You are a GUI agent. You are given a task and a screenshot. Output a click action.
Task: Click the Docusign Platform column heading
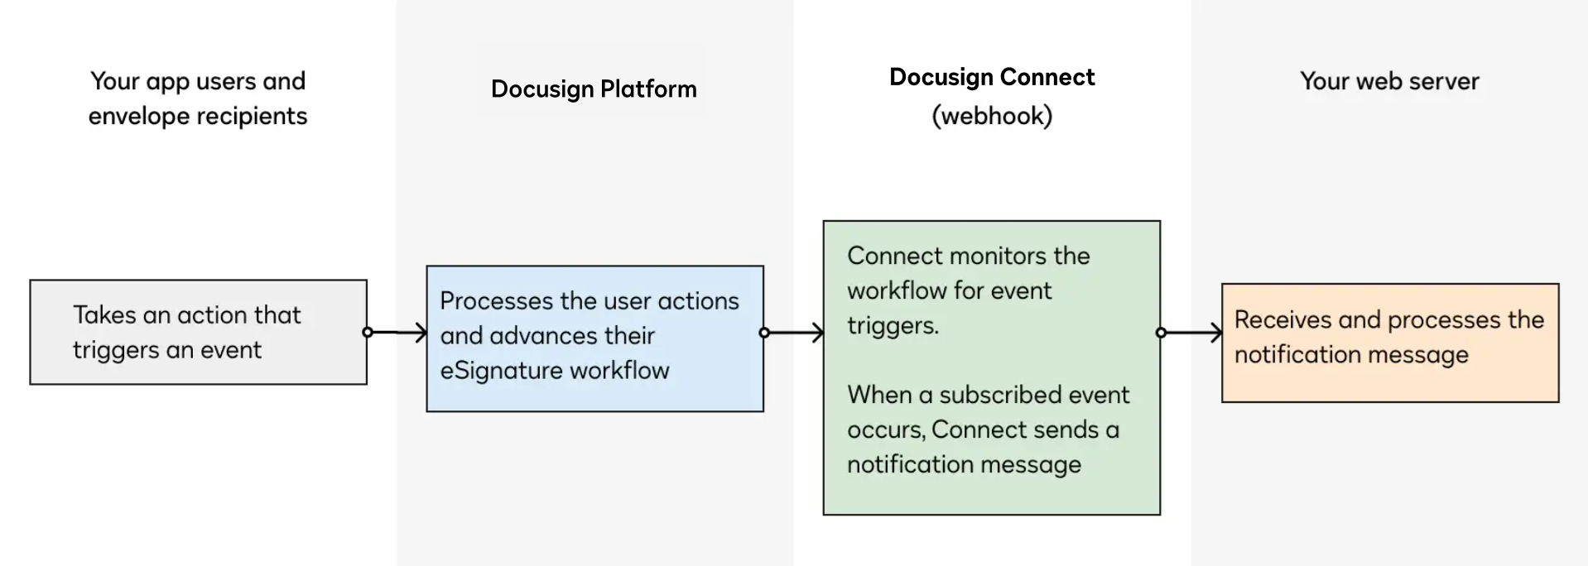point(594,89)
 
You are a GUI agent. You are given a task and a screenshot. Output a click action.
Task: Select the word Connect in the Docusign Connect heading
point(1047,77)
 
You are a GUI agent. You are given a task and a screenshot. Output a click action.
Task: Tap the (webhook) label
point(992,116)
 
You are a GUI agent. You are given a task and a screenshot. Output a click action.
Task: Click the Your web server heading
point(1389,81)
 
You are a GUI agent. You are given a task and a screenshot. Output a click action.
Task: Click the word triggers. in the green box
point(893,326)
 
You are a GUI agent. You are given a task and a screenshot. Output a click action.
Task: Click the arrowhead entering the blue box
point(422,333)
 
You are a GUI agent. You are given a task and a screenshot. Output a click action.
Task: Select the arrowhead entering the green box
point(819,333)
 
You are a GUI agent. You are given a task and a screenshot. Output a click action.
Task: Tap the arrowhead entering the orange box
point(1217,333)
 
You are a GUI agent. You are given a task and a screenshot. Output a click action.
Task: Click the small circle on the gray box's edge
point(368,333)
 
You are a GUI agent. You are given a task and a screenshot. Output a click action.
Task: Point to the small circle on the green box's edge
point(1161,333)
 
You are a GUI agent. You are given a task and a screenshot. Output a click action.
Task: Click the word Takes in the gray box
point(104,315)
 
